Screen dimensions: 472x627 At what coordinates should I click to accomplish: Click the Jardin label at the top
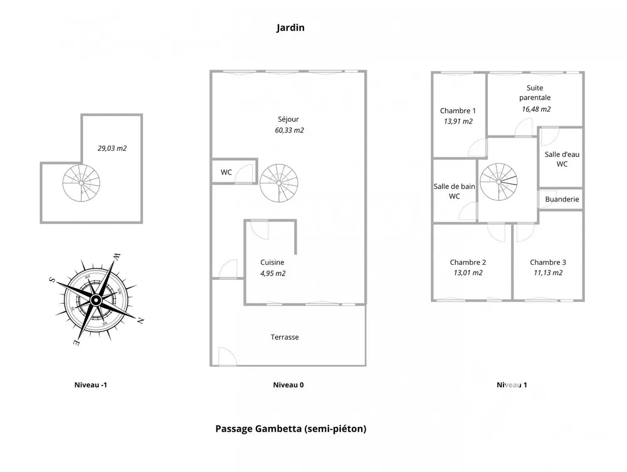[290, 28]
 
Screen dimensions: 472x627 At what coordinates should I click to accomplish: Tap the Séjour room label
[288, 119]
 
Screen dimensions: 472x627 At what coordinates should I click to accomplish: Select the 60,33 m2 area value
[289, 131]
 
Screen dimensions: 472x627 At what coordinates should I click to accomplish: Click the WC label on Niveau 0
[226, 173]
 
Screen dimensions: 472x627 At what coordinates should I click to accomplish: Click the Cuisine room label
[272, 262]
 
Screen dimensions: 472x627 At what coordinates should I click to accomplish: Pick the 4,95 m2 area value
[273, 273]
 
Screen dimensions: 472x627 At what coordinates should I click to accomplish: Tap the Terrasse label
[285, 337]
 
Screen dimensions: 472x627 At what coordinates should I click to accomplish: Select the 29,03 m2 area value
[112, 149]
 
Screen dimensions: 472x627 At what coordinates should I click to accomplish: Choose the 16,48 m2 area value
[535, 109]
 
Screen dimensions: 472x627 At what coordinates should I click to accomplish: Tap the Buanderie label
[562, 199]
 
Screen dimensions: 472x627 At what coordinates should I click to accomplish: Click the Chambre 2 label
[468, 262]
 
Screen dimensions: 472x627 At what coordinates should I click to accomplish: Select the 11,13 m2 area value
[547, 272]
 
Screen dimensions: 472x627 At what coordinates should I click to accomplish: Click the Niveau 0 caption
[288, 385]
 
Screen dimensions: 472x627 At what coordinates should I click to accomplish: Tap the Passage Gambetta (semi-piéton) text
[290, 429]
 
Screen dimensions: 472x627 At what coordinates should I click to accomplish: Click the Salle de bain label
[455, 186]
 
